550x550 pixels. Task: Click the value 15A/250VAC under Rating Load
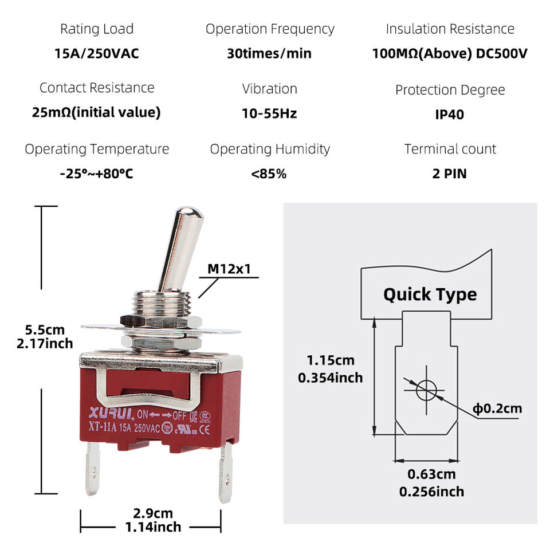pos(96,53)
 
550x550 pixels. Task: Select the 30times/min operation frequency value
pos(269,53)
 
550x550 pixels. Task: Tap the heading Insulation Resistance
pos(450,29)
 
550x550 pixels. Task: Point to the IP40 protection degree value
pos(449,115)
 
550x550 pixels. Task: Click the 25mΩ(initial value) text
pos(96,112)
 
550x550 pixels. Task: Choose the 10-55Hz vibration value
pos(269,113)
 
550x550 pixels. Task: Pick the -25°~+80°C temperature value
pos(96,174)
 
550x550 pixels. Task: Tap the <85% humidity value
pos(269,174)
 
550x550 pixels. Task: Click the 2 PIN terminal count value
pos(449,174)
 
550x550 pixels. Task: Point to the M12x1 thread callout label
pos(229,269)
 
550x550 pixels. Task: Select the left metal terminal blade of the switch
pos(93,468)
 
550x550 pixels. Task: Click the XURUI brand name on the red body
pos(111,413)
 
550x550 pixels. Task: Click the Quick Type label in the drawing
pos(430,294)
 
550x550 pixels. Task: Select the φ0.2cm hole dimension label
pos(497,408)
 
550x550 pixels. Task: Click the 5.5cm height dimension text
pos(45,330)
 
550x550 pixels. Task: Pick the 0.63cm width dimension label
pos(431,474)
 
